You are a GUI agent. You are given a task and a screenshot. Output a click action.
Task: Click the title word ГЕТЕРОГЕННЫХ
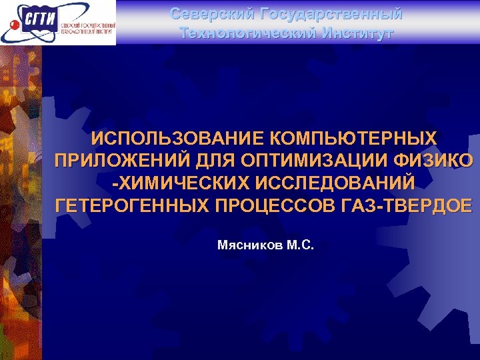(x=133, y=205)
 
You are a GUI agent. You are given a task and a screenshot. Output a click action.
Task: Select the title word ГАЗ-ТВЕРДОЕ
(x=407, y=205)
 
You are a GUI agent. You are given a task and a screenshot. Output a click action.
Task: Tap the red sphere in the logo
(x=14, y=25)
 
